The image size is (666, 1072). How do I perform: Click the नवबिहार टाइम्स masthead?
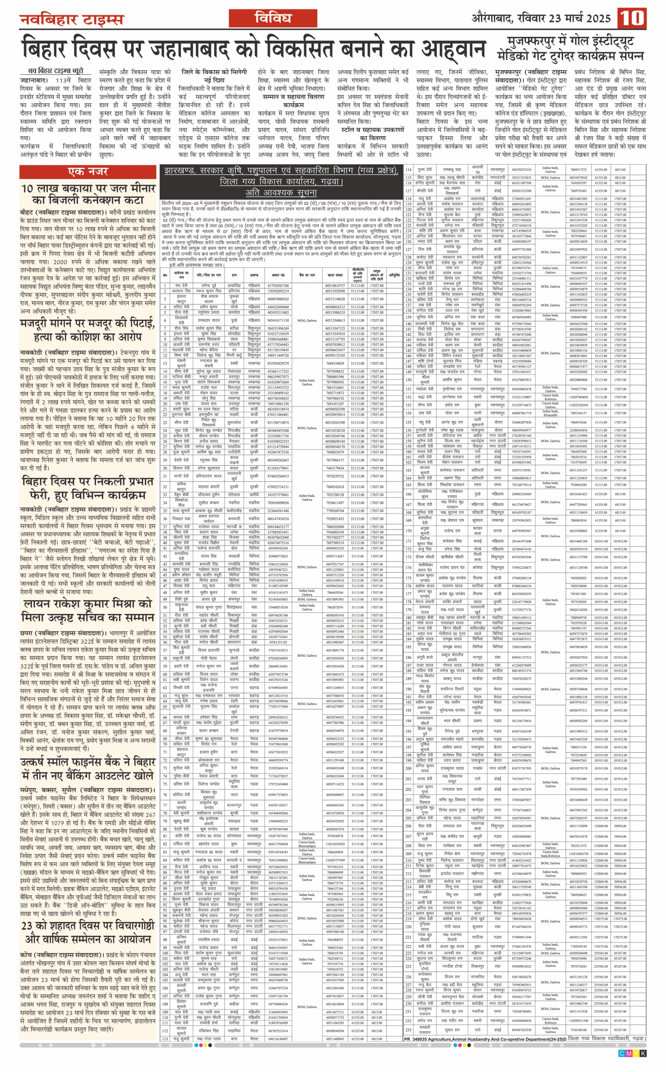(71, 19)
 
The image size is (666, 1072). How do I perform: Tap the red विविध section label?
(273, 18)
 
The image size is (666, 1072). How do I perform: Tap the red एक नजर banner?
(88, 171)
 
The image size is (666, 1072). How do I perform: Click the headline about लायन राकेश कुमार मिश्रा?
(88, 610)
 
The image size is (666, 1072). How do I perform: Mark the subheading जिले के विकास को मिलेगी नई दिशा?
(214, 76)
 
